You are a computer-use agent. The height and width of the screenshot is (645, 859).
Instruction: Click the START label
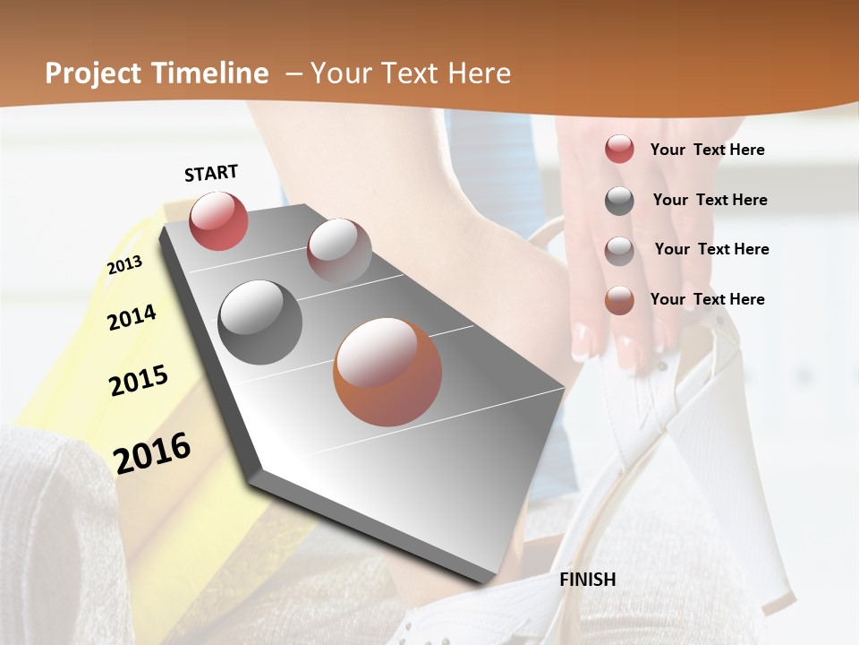[x=211, y=173]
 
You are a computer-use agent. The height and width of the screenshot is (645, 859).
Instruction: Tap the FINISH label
[x=588, y=580]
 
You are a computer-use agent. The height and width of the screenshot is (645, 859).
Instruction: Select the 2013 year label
[x=124, y=265]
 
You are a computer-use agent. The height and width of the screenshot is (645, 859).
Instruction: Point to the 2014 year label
[x=132, y=317]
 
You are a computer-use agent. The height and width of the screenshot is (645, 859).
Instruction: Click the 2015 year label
[x=139, y=381]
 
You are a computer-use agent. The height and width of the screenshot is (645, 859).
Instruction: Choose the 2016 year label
[x=152, y=452]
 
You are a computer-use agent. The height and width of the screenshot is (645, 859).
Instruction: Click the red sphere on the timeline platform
[x=218, y=220]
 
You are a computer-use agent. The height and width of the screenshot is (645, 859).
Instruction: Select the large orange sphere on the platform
[x=387, y=372]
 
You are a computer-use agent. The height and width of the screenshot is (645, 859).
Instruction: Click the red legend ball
[x=619, y=149]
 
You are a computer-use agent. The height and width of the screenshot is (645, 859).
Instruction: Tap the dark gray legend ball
[x=619, y=201]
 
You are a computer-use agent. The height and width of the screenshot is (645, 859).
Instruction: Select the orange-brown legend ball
[x=619, y=300]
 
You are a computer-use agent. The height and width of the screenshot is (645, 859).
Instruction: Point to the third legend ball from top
[x=619, y=250]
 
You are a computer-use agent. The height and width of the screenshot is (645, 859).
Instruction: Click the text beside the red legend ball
[x=707, y=150]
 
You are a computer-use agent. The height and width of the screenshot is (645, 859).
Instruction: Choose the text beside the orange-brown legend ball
[x=707, y=299]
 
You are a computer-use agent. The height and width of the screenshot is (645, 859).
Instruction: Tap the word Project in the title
[x=94, y=73]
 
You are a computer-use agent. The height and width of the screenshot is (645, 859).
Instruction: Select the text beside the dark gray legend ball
[x=710, y=200]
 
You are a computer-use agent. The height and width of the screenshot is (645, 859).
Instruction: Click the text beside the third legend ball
[x=711, y=249]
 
